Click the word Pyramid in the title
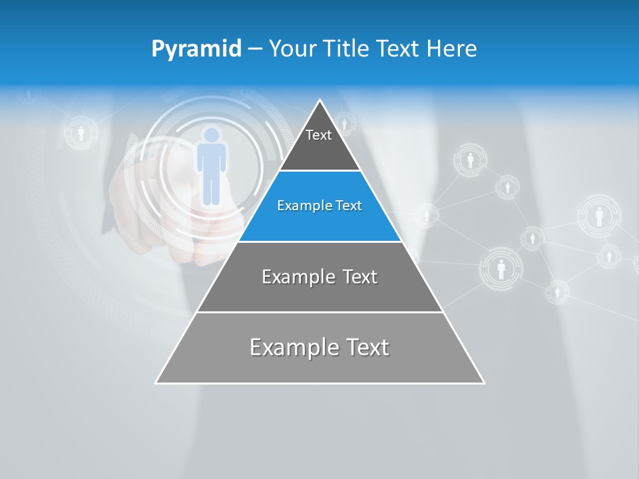pyautogui.click(x=196, y=49)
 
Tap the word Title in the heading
pyautogui.click(x=346, y=49)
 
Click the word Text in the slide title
pyautogui.click(x=399, y=49)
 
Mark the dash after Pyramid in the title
pyautogui.click(x=255, y=49)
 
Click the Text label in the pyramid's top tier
pyautogui.click(x=319, y=135)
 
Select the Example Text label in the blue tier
pyautogui.click(x=319, y=206)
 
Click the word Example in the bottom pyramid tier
pyautogui.click(x=286, y=347)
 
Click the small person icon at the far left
pyautogui.click(x=81, y=133)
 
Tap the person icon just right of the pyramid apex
pyautogui.click(x=344, y=124)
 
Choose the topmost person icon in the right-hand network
pyautogui.click(x=470, y=160)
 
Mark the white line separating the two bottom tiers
pyautogui.click(x=320, y=312)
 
